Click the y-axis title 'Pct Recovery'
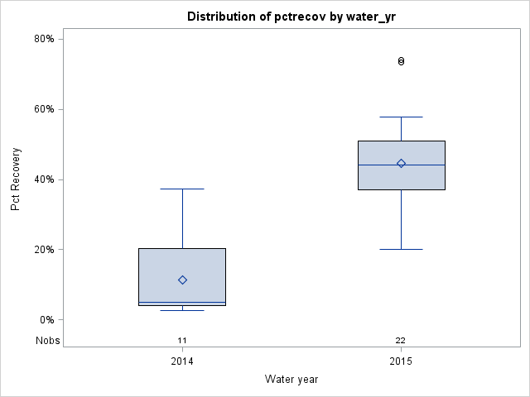(16, 179)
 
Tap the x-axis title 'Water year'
(291, 380)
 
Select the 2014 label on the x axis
(182, 361)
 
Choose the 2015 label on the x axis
(401, 361)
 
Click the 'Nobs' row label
(47, 341)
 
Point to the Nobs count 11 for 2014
(182, 341)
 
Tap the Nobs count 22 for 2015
(401, 341)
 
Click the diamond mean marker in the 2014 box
(182, 280)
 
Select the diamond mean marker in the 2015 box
(401, 163)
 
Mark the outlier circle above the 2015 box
(401, 61)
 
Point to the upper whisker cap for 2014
(182, 189)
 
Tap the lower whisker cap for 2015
(401, 249)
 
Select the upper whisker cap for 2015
(401, 117)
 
